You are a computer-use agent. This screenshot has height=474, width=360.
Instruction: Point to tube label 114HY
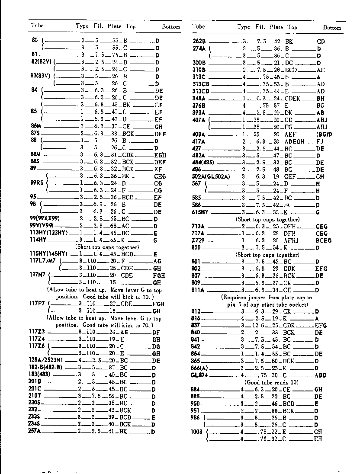pyautogui.click(x=38, y=240)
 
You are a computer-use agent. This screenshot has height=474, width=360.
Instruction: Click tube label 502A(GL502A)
pyautogui.click(x=211, y=176)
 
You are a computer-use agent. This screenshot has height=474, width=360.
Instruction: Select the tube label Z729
pyautogui.click(x=198, y=240)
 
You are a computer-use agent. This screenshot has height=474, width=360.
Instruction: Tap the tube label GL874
pyautogui.click(x=199, y=375)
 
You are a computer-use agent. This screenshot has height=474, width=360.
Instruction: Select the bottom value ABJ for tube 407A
pyautogui.click(x=321, y=120)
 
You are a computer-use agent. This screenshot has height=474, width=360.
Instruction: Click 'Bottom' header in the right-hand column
pyautogui.click(x=332, y=27)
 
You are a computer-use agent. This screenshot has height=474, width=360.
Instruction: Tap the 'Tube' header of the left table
pyautogui.click(x=37, y=25)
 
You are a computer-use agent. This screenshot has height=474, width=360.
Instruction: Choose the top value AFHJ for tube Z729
pyautogui.click(x=294, y=240)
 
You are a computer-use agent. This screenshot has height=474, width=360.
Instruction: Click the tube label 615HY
pyautogui.click(x=200, y=212)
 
